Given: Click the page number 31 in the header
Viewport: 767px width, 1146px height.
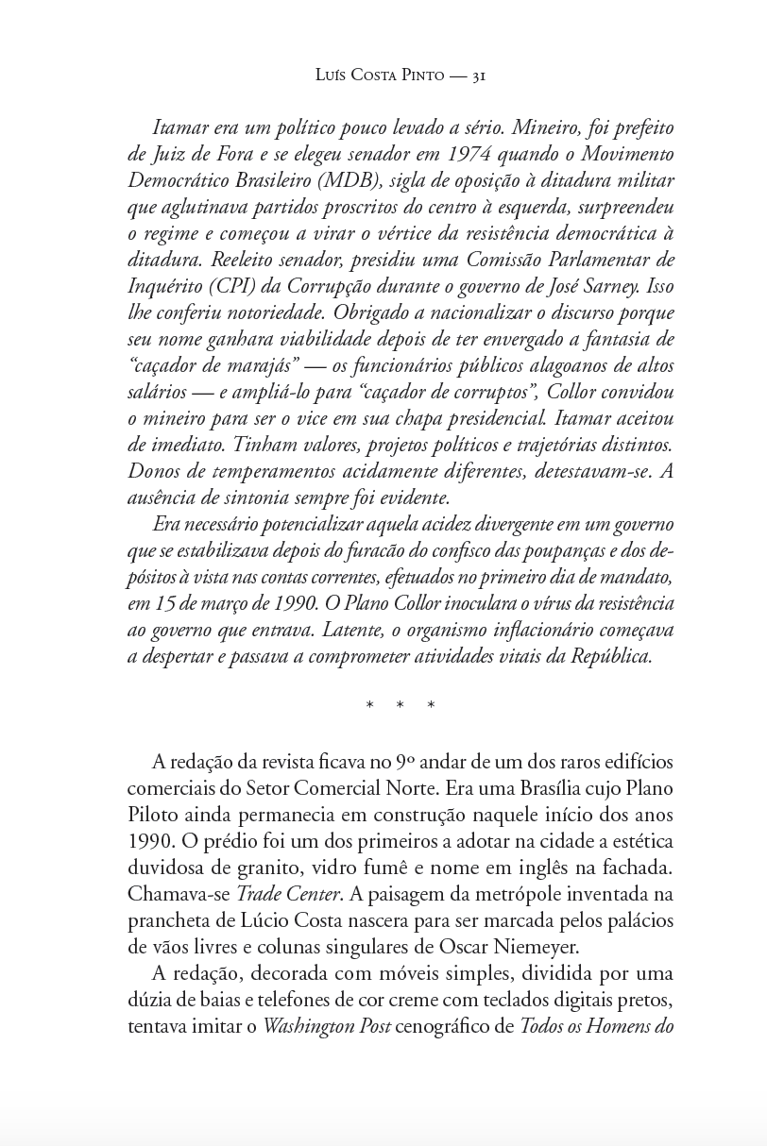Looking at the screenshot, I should click(477, 76).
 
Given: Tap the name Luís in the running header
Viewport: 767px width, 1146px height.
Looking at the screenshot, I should click(332, 76).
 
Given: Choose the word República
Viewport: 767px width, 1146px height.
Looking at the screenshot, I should click(611, 656).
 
